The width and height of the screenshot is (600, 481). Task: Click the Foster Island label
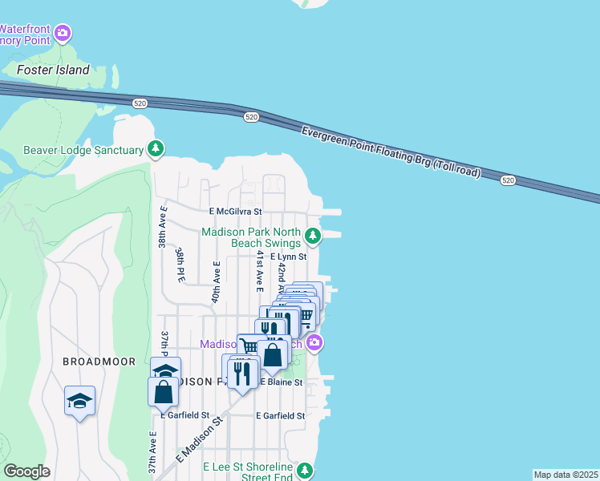click(52, 69)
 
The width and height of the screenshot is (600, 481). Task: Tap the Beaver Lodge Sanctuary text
click(83, 149)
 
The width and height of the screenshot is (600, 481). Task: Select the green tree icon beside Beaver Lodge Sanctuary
click(156, 148)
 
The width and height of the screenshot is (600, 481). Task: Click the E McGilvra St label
click(236, 212)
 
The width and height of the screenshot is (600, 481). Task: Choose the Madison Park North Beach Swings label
click(250, 236)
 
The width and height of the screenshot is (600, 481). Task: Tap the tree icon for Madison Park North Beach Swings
click(313, 236)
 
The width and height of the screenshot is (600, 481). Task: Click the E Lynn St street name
click(289, 257)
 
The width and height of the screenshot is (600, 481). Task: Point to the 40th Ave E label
click(216, 281)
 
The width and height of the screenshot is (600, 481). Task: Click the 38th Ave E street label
click(163, 228)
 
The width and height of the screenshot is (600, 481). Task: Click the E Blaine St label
click(281, 383)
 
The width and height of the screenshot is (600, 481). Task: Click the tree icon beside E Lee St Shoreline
click(304, 469)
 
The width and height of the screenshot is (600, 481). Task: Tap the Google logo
click(26, 471)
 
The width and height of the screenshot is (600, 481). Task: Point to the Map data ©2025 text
click(566, 474)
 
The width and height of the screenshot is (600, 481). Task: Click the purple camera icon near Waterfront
click(63, 34)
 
